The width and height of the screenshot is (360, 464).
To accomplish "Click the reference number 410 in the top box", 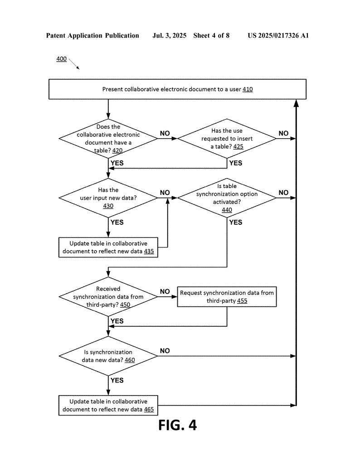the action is [x=248, y=89].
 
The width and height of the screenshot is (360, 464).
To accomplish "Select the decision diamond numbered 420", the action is [x=108, y=139].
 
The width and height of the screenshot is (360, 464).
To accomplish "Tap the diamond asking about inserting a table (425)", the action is [x=227, y=139].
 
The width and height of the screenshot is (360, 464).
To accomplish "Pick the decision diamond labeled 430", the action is [x=108, y=198].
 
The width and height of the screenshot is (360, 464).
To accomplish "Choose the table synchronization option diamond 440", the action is [x=227, y=198].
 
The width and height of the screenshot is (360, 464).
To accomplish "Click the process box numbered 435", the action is [x=108, y=247].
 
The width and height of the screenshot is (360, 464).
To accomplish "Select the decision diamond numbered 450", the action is [x=108, y=296].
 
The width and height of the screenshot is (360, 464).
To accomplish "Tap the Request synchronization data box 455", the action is [x=227, y=296].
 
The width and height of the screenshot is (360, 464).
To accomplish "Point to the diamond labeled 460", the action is [x=108, y=356].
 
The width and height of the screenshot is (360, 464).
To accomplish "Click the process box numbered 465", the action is [x=108, y=406].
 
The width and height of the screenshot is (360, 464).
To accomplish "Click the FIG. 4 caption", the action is [x=177, y=425].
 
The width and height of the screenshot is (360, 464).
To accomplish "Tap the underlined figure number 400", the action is [x=62, y=59].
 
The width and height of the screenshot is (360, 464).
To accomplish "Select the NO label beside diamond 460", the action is [x=165, y=351].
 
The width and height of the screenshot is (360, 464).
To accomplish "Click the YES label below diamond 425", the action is [x=236, y=163].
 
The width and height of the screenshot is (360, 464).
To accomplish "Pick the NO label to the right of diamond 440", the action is [x=283, y=193].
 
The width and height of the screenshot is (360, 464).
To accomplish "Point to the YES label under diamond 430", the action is [x=117, y=222].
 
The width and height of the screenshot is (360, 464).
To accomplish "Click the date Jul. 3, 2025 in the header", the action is [x=169, y=35].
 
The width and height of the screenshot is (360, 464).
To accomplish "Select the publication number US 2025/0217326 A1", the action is [x=278, y=35].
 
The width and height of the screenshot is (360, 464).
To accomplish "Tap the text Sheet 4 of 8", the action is [x=211, y=35].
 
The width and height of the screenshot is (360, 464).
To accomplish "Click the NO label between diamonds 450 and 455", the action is [x=165, y=291].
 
